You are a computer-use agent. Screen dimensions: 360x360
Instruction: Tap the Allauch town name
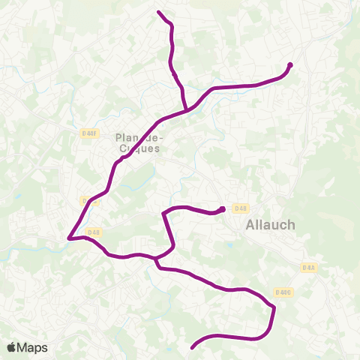270,224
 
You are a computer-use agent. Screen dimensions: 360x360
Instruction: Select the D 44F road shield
89,133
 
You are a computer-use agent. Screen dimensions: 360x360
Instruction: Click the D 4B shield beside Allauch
240,208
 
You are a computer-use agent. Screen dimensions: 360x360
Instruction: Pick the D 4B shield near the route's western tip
94,232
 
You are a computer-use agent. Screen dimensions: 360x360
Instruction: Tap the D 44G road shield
283,292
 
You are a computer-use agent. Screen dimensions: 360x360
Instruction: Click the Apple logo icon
13,347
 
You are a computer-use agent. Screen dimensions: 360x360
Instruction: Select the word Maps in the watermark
33,347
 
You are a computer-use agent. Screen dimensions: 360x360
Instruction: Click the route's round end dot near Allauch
223,209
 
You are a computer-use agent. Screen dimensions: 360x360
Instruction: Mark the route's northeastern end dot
290,64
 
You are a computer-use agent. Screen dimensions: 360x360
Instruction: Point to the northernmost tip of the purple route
158,12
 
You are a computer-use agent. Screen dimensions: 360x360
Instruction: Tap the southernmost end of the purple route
193,347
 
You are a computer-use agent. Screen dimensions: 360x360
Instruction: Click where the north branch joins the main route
187,111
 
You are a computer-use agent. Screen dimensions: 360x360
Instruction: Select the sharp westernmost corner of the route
68,238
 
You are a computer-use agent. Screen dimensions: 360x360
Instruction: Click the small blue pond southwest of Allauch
226,245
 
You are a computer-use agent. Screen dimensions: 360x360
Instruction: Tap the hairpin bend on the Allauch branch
163,214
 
